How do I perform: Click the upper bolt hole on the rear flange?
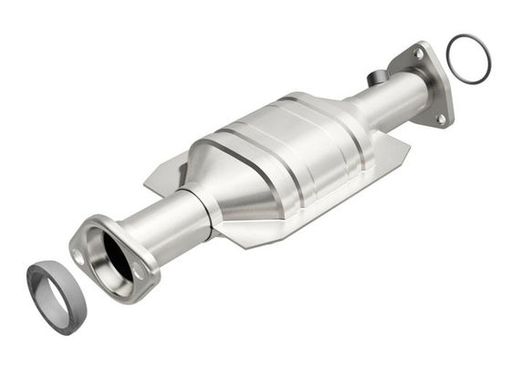[x=418, y=55]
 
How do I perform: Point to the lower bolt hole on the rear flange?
[x=440, y=118]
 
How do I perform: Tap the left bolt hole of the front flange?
[x=79, y=258]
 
